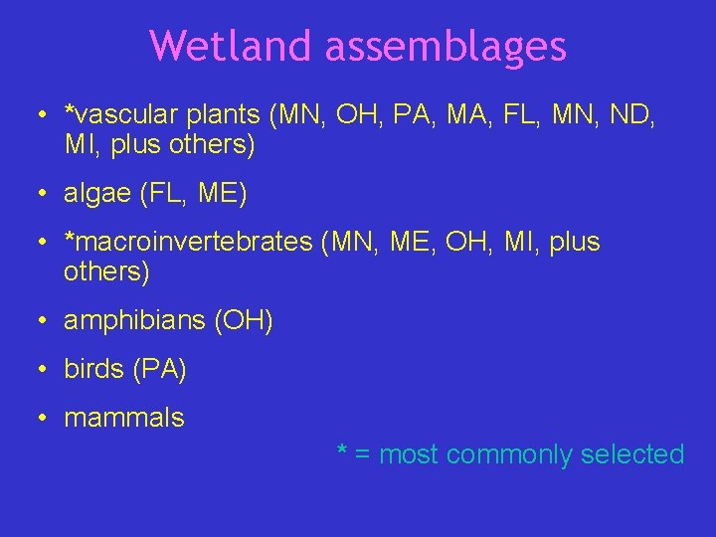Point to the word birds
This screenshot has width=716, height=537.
click(x=93, y=369)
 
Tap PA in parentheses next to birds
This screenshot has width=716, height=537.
click(x=157, y=369)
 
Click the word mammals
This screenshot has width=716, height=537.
click(x=124, y=418)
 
